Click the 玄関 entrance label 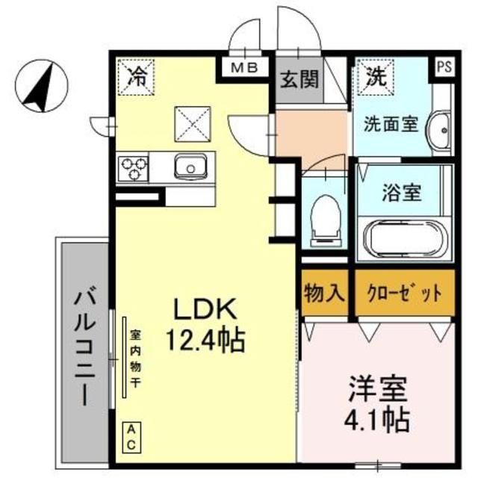point(299,79)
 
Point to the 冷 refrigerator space point(137,75)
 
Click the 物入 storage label point(324,292)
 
